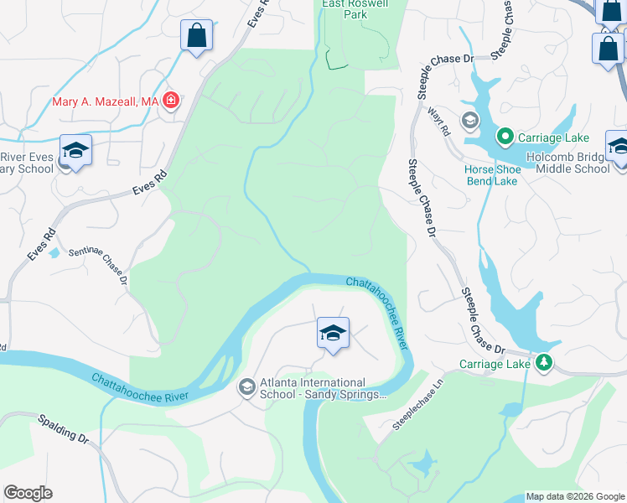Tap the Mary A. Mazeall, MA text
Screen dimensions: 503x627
click(x=105, y=101)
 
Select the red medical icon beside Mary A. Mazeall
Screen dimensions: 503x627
click(x=171, y=101)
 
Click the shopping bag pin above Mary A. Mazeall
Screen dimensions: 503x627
click(x=196, y=36)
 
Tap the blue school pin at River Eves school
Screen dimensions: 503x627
click(x=75, y=151)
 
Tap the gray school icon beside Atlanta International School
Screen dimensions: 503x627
click(x=247, y=386)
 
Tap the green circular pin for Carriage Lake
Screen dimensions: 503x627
click(x=505, y=136)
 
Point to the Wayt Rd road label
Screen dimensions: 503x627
click(x=439, y=122)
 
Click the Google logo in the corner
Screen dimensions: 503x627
click(x=28, y=493)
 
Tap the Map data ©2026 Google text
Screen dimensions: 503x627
click(x=574, y=496)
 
